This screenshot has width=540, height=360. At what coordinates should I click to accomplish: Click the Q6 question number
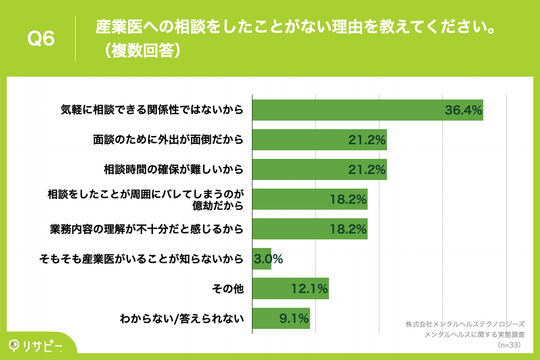point(41,39)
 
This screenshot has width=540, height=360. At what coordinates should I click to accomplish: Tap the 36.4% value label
point(463,110)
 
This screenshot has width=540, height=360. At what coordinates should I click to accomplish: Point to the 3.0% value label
point(269,259)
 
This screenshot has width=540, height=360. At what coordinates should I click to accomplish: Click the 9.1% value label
point(294,318)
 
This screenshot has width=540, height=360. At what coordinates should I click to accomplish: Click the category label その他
point(228,289)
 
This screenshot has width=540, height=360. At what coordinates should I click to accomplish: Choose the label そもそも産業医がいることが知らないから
point(141,259)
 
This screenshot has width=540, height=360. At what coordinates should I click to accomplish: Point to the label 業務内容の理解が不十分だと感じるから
point(146,229)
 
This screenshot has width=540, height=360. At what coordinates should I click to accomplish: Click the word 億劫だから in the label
point(218,206)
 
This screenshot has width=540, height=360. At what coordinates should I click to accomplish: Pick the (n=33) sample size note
point(509,345)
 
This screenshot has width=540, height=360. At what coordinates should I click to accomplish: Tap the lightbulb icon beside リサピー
point(15,345)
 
